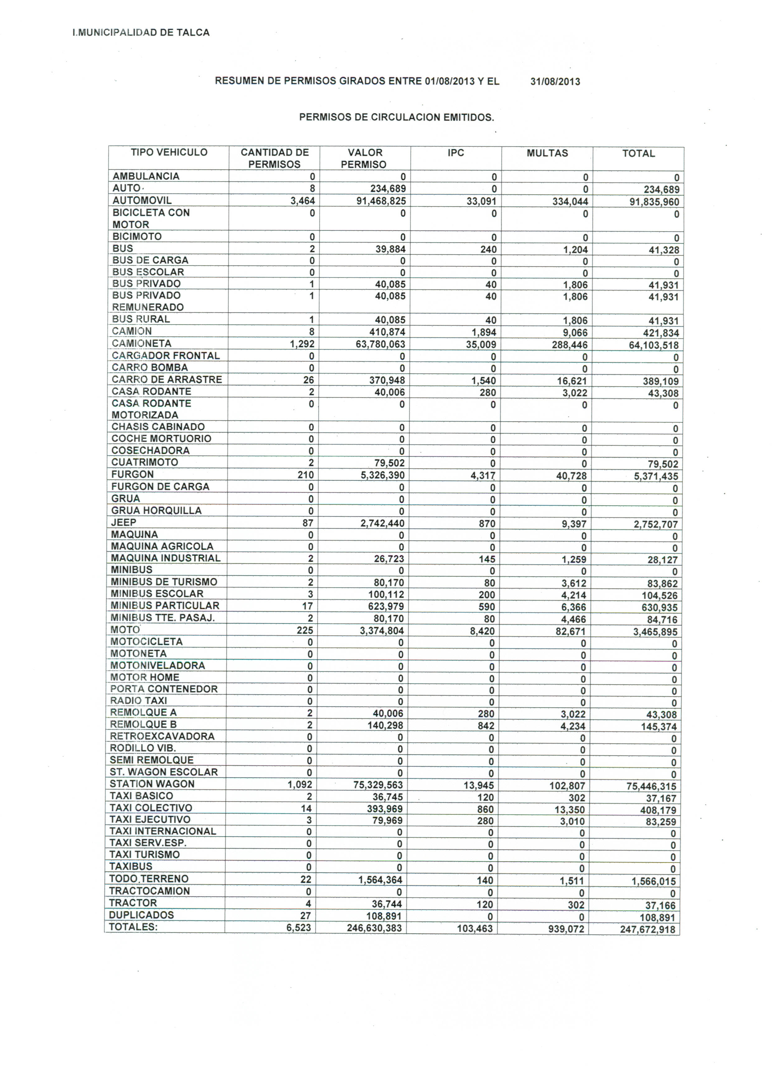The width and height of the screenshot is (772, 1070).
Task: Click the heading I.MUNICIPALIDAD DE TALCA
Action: [x=141, y=33]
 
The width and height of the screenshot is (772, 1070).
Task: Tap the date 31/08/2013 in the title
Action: [x=555, y=81]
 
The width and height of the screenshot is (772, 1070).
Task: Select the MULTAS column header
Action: [x=547, y=153]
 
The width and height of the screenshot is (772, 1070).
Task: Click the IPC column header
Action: [x=456, y=153]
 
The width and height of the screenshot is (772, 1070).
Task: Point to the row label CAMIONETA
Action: [x=142, y=343]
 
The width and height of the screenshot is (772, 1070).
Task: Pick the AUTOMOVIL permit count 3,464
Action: [x=303, y=201]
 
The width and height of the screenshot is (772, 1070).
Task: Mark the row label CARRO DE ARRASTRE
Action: [x=167, y=379]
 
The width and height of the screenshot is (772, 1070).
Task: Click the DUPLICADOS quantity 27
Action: [x=305, y=916]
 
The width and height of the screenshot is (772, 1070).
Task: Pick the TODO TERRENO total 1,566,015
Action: [x=654, y=881]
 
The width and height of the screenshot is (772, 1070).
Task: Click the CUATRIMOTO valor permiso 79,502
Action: [x=389, y=463]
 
